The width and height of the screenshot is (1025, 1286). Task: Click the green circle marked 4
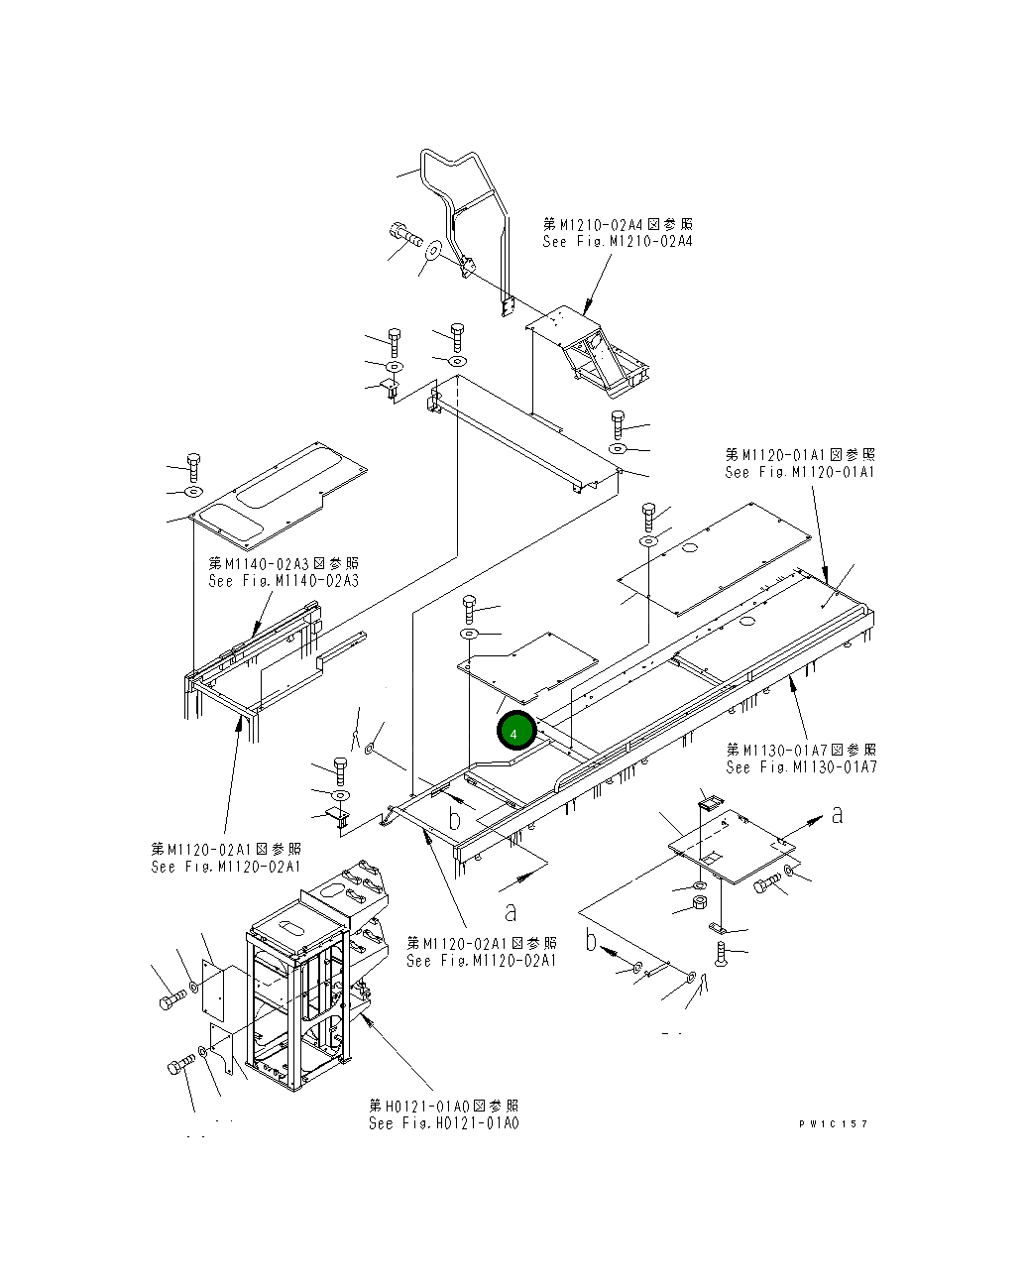pyautogui.click(x=516, y=732)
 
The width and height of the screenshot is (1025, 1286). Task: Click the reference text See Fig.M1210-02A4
pyautogui.click(x=618, y=242)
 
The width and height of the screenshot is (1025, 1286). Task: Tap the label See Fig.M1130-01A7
pyautogui.click(x=801, y=767)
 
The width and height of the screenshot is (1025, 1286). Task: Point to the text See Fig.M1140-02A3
pyautogui.click(x=284, y=581)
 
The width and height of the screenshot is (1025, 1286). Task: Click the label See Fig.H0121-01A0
pyautogui.click(x=443, y=1123)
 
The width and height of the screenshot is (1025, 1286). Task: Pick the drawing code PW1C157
pyautogui.click(x=834, y=1123)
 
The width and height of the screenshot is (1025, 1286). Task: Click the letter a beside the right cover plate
pyautogui.click(x=838, y=814)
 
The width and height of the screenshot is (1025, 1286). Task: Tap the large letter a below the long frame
pyautogui.click(x=511, y=910)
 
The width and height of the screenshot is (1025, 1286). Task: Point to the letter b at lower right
pyautogui.click(x=592, y=939)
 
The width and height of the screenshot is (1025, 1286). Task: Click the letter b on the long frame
pyautogui.click(x=455, y=819)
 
